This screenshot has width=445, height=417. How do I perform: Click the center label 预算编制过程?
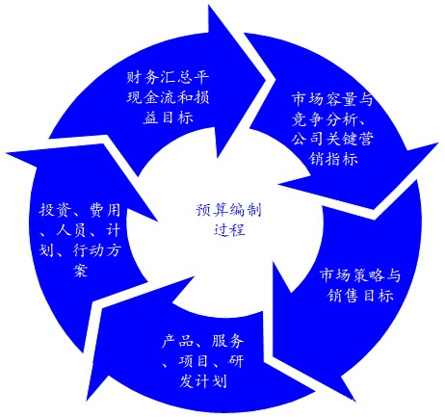(229, 221)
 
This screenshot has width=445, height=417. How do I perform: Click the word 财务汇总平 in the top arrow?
(168, 77)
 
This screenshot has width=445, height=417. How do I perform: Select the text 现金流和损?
(168, 97)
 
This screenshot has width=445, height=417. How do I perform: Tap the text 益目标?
(168, 117)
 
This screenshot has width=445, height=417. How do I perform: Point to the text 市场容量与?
(332, 99)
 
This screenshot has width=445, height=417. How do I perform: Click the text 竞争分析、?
(330, 119)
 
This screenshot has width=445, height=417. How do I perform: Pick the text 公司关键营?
(332, 139)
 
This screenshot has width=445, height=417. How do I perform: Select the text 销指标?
(333, 159)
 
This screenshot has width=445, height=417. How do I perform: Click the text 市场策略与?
(360, 275)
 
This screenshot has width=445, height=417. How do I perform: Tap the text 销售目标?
(360, 295)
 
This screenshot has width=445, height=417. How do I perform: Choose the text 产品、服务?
(203, 341)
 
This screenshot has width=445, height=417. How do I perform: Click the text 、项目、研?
(203, 361)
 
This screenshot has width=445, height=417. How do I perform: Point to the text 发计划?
(203, 381)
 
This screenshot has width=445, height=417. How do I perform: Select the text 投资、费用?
(80, 210)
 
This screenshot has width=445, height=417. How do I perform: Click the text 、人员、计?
(80, 230)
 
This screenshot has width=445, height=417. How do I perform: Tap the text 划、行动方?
(80, 250)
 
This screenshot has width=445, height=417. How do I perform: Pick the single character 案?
(80, 271)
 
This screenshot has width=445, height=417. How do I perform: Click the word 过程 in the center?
(229, 230)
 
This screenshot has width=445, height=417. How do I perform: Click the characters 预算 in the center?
(212, 210)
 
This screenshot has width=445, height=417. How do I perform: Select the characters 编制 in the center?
(246, 210)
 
